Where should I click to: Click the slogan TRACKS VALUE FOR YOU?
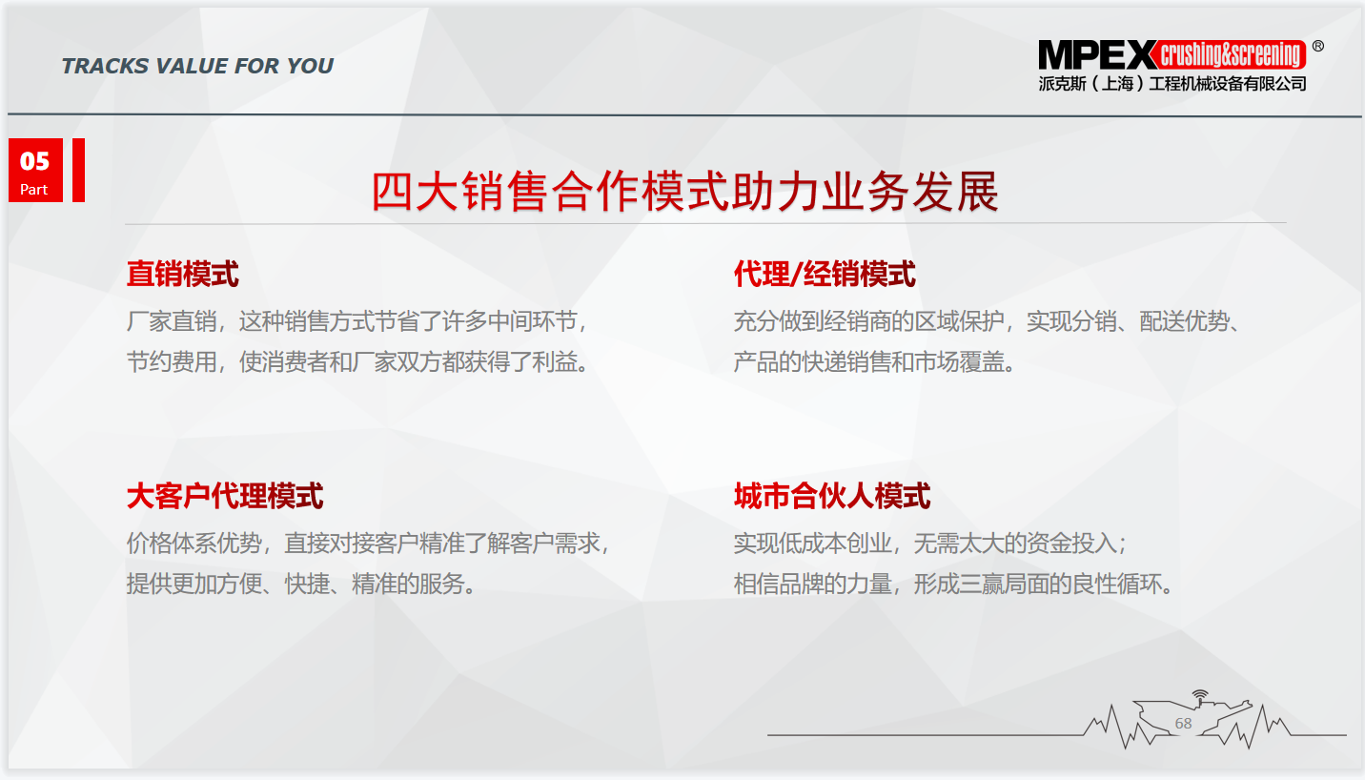point(197,66)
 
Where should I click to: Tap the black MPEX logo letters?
point(1096,55)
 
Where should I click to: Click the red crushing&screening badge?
point(1230,55)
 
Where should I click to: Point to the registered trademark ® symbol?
point(1317,47)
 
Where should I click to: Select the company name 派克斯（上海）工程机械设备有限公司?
point(1172,84)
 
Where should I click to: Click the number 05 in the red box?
point(34,161)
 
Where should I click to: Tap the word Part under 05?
point(33,190)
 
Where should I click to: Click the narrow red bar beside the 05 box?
point(78,170)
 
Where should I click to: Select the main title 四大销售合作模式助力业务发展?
point(684,192)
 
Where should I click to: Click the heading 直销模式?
point(183,274)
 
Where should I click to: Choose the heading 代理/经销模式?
point(825,274)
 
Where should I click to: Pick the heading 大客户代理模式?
point(225,496)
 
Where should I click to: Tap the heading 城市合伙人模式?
point(832,496)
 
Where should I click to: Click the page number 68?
point(1183,724)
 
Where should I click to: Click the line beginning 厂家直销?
point(357,321)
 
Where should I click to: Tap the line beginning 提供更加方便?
point(301,584)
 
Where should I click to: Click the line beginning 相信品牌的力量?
point(953,584)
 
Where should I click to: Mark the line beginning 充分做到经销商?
point(988,321)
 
